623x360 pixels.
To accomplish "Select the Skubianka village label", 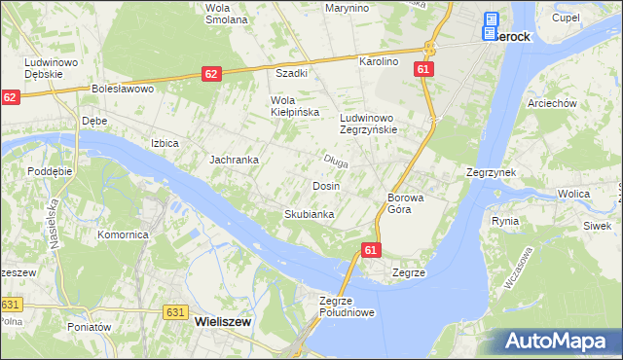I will [x=310, y=214].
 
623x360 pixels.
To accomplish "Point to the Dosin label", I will [x=325, y=185].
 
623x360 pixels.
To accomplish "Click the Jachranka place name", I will [x=234, y=160].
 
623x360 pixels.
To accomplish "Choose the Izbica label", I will [x=165, y=143].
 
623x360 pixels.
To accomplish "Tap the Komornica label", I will [x=123, y=234].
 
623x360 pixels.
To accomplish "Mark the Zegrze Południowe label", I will [x=347, y=306].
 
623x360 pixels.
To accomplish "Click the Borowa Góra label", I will [x=406, y=202].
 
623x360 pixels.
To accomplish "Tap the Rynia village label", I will [x=505, y=221].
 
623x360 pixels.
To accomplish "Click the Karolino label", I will [x=380, y=61].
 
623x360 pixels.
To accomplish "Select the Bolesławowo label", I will [x=124, y=89].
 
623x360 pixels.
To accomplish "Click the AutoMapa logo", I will [x=557, y=341].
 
